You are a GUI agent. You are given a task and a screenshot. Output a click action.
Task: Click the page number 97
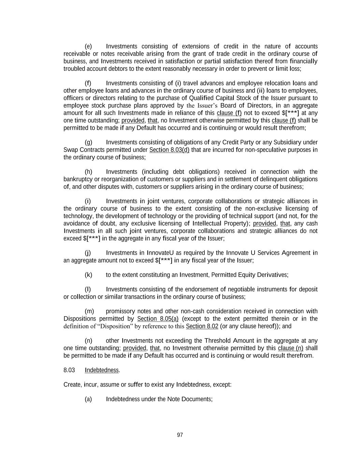[180, 435]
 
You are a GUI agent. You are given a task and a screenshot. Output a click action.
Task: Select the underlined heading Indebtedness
[102, 370]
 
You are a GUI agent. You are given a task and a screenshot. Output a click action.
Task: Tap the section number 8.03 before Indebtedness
[69, 370]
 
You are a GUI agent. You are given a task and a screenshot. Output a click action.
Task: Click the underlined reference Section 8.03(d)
[169, 150]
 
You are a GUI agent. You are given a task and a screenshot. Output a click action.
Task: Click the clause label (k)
[88, 275]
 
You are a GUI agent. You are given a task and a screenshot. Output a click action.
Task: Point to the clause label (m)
[89, 311]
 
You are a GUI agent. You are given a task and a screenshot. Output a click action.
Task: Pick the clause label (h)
[88, 172]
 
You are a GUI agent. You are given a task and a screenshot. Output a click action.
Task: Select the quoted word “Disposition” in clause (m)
[115, 326]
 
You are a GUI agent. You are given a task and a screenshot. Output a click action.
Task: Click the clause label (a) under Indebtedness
[88, 399]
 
